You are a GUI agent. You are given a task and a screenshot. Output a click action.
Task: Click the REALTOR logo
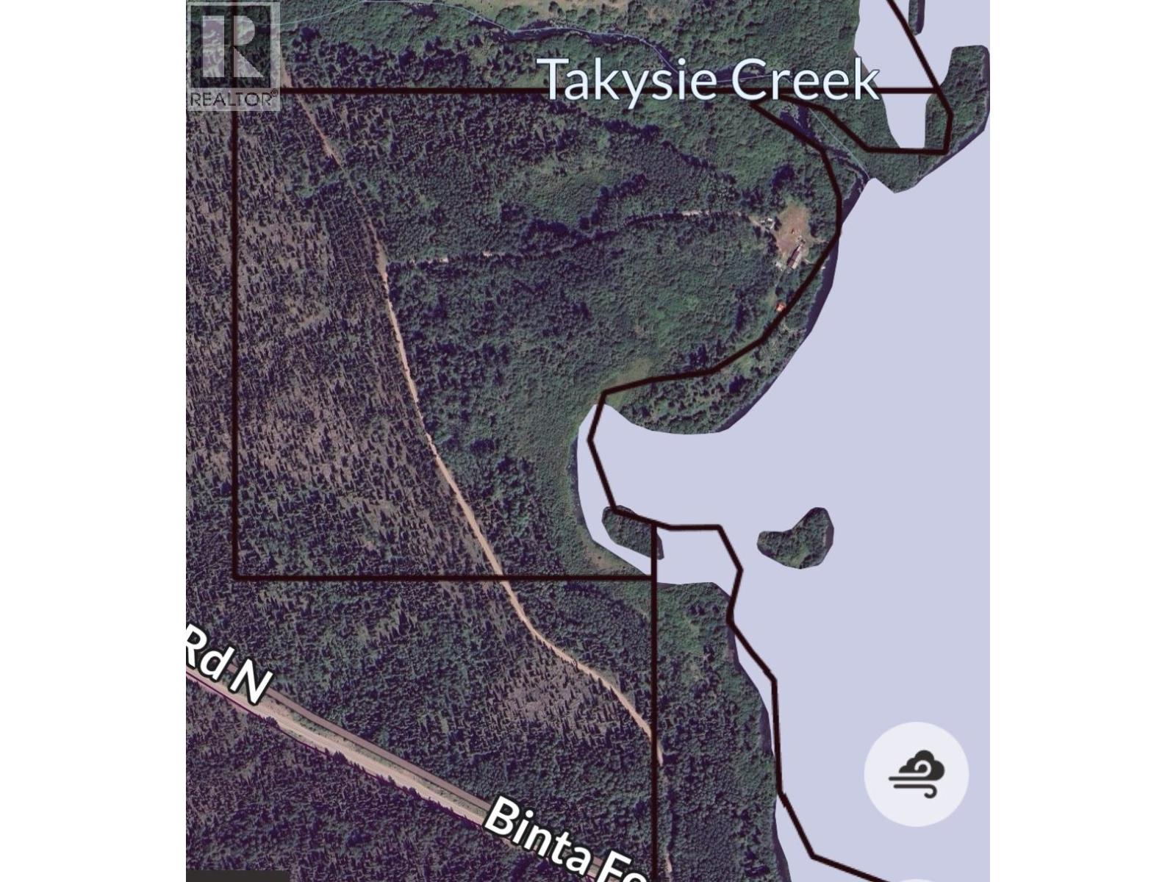pyautogui.click(x=233, y=56)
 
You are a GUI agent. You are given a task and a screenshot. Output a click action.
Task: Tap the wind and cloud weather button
pyautogui.click(x=916, y=774)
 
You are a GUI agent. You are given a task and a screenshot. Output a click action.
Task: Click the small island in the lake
pyautogui.click(x=796, y=539)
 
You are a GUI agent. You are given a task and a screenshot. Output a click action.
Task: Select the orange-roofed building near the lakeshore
pyautogui.click(x=781, y=306)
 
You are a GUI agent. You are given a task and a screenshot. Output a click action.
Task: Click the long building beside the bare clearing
pyautogui.click(x=793, y=258)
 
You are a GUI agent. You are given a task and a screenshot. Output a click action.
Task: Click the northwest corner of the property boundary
pyautogui.click(x=235, y=92)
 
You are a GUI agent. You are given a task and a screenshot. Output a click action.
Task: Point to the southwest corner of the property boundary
pyautogui.click(x=235, y=578)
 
